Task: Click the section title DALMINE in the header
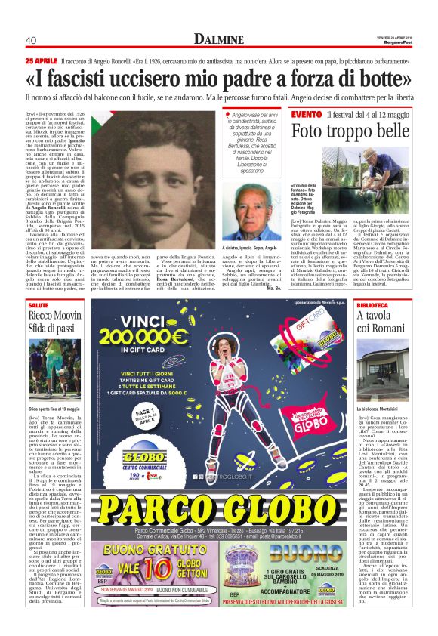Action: [x=218, y=39]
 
